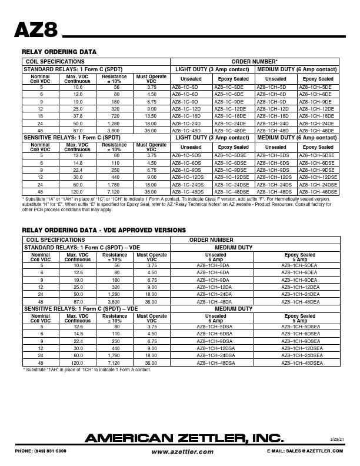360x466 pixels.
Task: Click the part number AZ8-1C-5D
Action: click(x=184, y=86)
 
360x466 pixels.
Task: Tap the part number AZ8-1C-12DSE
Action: click(x=231, y=177)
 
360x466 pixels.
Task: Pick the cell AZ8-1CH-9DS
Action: click(x=274, y=169)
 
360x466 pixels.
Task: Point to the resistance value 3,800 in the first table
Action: click(x=114, y=130)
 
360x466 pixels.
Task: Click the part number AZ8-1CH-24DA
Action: click(x=216, y=294)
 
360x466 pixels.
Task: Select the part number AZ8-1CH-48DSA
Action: click(x=216, y=364)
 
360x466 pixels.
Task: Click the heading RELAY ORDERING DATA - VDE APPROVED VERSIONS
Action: click(x=104, y=229)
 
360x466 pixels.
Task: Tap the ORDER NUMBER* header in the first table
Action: click(x=254, y=61)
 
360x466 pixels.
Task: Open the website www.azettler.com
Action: click(x=182, y=452)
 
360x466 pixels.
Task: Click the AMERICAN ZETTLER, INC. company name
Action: click(x=184, y=438)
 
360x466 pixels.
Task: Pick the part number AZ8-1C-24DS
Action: click(x=188, y=184)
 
